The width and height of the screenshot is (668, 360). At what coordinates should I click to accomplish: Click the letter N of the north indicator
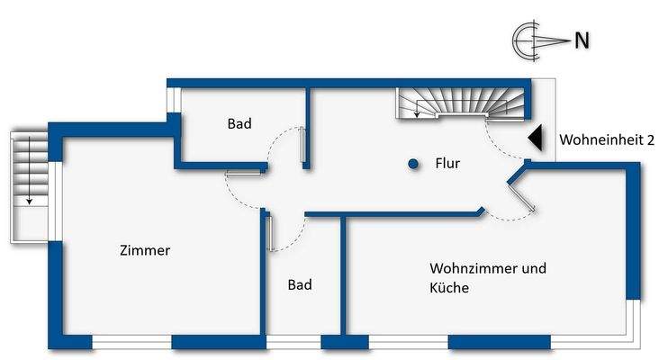(582, 40)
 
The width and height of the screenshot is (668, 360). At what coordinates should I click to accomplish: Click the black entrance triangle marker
(534, 137)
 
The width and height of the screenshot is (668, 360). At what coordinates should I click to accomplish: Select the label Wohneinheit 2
(607, 140)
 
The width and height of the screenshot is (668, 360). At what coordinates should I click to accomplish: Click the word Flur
(447, 164)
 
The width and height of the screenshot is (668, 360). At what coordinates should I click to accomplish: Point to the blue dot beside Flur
(413, 164)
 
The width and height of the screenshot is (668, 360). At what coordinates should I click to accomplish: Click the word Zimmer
(145, 251)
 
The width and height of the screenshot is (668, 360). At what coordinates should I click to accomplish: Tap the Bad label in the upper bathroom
(239, 124)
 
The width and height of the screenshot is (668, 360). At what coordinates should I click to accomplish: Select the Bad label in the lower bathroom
(300, 284)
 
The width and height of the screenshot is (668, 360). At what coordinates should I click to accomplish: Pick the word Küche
(449, 288)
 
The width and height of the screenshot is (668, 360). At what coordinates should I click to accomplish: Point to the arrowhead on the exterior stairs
(30, 201)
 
